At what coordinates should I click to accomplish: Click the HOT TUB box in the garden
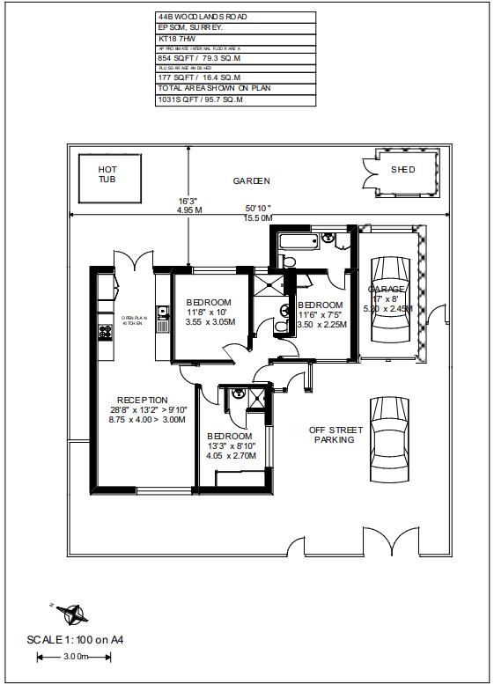click(x=107, y=173)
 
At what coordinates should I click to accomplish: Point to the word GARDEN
click(x=251, y=180)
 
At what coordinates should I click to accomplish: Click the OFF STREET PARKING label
click(x=334, y=435)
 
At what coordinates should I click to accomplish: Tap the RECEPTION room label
click(x=142, y=401)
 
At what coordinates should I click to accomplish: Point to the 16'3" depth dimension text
click(x=188, y=201)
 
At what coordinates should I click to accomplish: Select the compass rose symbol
click(x=70, y=612)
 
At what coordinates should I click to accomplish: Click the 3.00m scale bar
click(x=77, y=657)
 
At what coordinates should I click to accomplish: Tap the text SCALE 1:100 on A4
click(x=75, y=640)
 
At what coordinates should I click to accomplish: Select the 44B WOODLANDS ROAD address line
click(x=202, y=17)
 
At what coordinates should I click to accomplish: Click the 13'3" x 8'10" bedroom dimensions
click(x=230, y=446)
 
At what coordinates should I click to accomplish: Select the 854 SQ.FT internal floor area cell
click(x=198, y=58)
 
